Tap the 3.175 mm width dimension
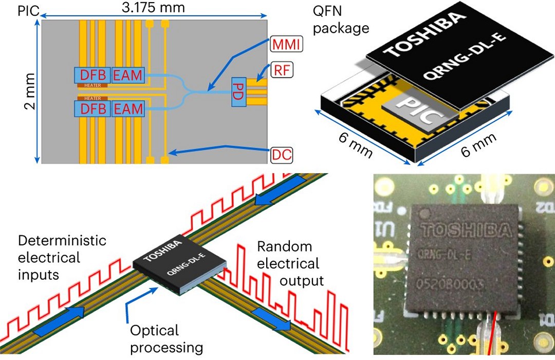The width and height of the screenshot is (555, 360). (153, 8)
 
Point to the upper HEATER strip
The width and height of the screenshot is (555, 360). (92, 85)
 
